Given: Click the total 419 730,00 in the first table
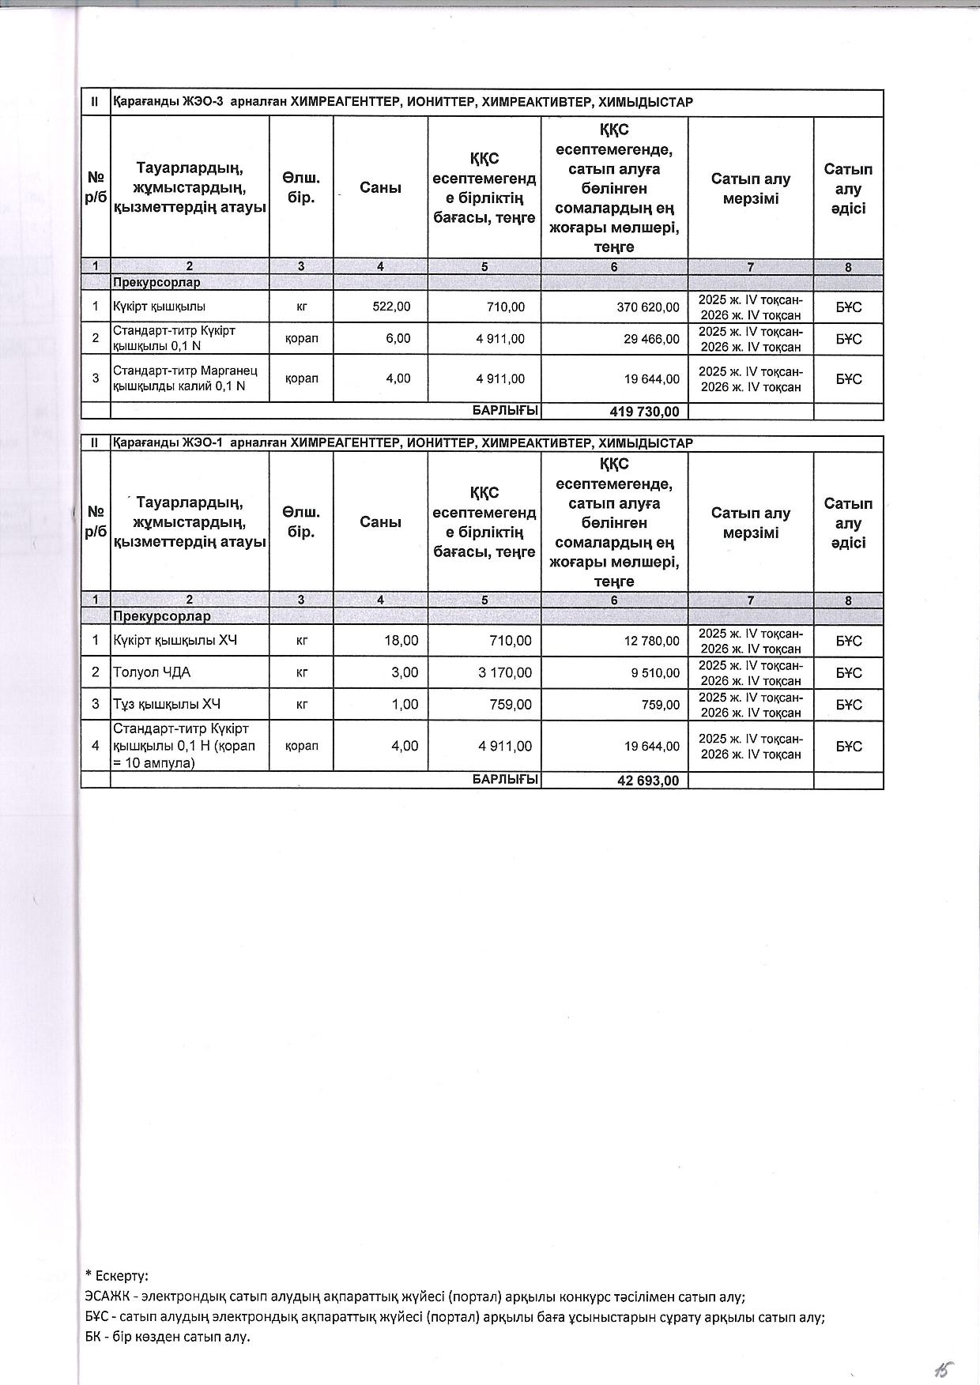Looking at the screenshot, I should click(x=644, y=412).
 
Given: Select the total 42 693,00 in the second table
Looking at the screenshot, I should click(x=648, y=781).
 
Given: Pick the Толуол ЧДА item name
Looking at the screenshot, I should click(x=152, y=672).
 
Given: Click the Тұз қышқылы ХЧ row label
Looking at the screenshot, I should click(x=167, y=704).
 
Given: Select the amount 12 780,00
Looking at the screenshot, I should click(x=651, y=641).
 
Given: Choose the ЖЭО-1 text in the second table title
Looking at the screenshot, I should click(x=204, y=443).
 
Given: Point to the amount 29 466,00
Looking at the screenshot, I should click(x=650, y=339).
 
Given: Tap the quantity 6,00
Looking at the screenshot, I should click(x=398, y=339).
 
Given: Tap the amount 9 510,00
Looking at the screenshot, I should click(x=655, y=673).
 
